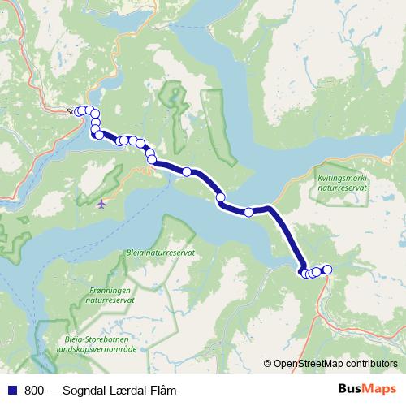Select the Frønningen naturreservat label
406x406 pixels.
click(x=112, y=296)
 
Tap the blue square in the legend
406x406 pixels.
click(x=13, y=391)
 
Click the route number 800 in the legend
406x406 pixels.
click(x=34, y=391)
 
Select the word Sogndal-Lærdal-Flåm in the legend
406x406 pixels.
click(x=119, y=391)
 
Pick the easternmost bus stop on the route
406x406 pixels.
click(x=328, y=270)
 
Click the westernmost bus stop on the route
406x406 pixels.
click(x=79, y=111)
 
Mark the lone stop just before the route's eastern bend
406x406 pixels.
click(x=248, y=212)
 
